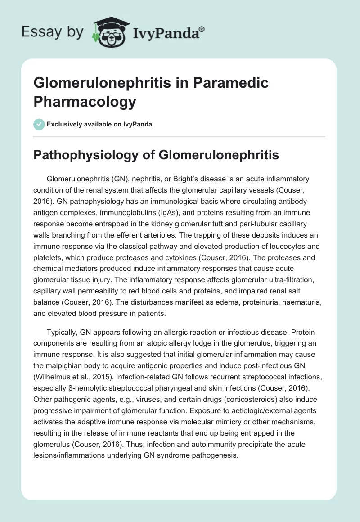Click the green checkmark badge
pos(39,124)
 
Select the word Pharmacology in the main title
pos(85,102)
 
